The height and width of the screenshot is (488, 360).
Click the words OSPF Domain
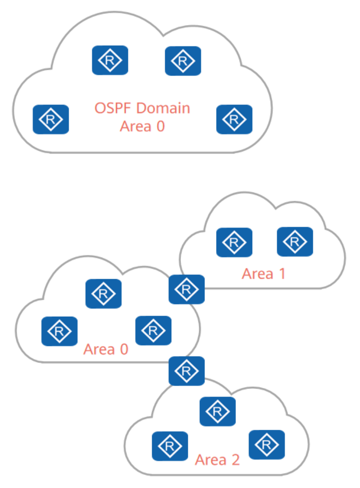tap(142, 108)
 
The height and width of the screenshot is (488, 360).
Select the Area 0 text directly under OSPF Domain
tap(142, 126)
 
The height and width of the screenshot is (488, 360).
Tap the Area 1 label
tap(263, 274)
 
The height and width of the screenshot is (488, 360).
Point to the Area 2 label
tap(217, 460)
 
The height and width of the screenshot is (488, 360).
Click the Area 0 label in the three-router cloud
tap(106, 349)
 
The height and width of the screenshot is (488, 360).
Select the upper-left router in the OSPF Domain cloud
tap(110, 60)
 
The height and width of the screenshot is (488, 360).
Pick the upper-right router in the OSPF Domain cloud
tap(183, 61)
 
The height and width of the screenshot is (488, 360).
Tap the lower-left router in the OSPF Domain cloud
tap(51, 119)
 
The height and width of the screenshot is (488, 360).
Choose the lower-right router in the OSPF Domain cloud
tap(234, 119)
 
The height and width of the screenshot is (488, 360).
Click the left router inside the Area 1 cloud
tap(234, 242)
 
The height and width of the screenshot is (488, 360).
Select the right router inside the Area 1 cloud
tap(295, 242)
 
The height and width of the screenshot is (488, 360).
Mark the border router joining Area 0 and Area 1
tap(187, 289)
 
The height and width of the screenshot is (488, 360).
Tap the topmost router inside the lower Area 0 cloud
tap(103, 294)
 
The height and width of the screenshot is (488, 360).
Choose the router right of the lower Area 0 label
tap(153, 331)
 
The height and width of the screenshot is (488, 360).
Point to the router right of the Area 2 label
tap(266, 445)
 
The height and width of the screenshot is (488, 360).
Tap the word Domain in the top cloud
tap(164, 108)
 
